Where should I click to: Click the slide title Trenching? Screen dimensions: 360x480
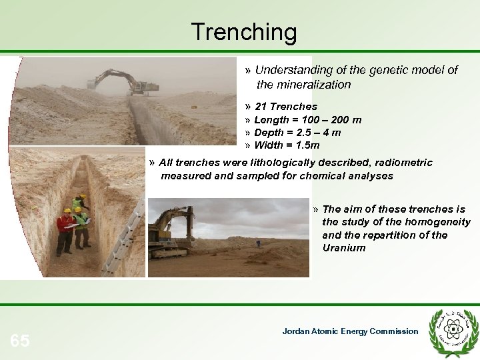coord(243,31)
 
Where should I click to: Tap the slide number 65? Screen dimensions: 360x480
coord(20,341)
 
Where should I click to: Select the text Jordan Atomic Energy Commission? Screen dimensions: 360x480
coord(350,331)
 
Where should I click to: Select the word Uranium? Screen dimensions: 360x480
coord(344,247)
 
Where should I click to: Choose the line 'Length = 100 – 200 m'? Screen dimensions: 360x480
coord(307,120)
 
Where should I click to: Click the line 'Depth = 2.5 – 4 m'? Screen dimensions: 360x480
coord(297,133)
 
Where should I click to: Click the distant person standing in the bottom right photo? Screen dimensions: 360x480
coord(258,243)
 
